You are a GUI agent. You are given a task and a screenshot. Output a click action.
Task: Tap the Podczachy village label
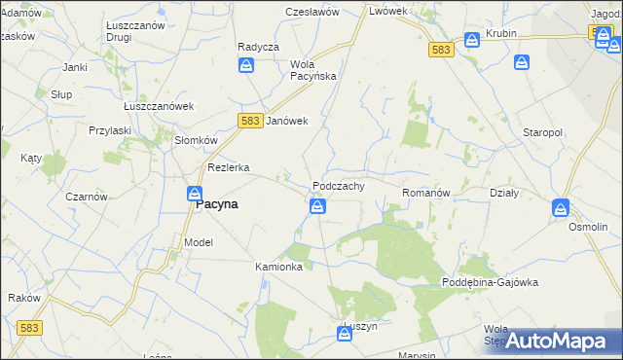click(338, 186)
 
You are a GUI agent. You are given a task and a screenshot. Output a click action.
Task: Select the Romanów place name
click(426, 194)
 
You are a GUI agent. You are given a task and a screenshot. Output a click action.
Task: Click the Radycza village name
click(258, 47)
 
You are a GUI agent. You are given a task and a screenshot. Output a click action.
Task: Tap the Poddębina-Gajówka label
click(490, 282)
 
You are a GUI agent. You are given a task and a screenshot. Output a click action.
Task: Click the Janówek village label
click(287, 121)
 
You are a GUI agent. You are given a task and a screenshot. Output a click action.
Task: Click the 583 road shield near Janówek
click(249, 120)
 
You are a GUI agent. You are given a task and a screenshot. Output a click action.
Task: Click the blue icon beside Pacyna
click(195, 195)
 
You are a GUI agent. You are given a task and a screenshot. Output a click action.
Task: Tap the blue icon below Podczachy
click(317, 206)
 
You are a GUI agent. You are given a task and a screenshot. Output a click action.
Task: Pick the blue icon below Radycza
click(247, 65)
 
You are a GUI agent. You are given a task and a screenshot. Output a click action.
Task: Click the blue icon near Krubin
click(472, 40)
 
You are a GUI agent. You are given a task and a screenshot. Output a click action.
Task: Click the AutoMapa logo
click(558, 341)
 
